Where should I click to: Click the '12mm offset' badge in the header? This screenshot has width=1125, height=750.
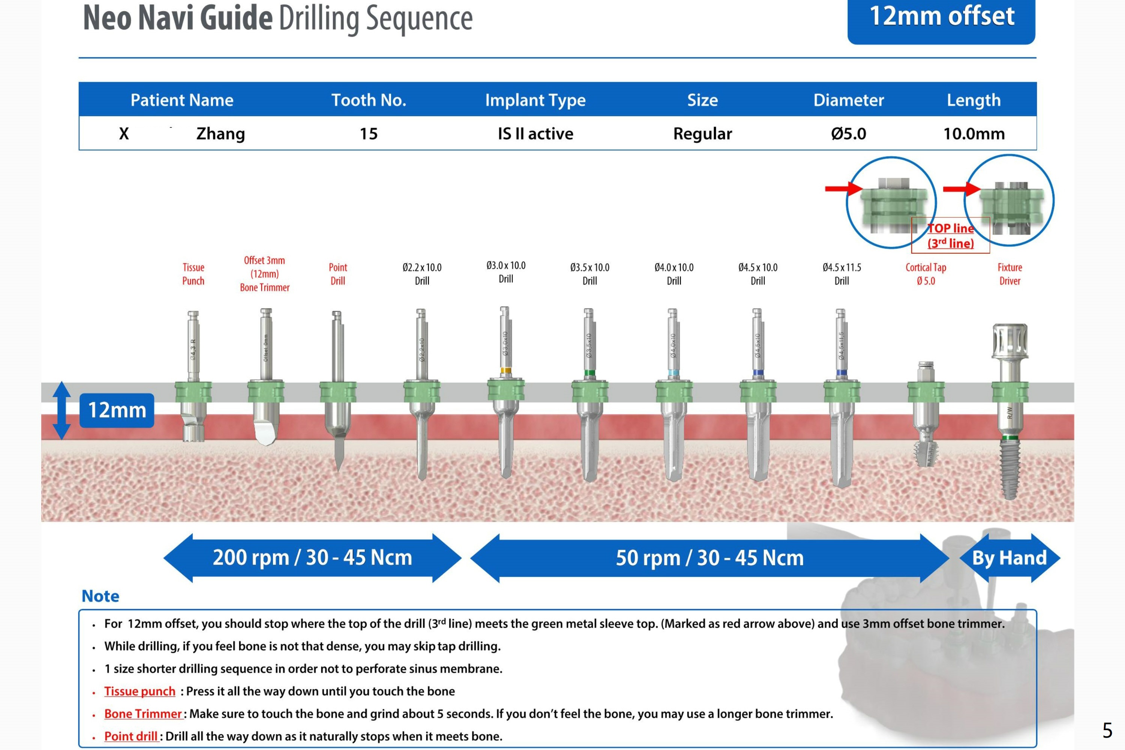coord(941,19)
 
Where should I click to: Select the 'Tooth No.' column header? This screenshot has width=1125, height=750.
coord(369,100)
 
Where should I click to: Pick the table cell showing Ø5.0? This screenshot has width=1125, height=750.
coord(849,133)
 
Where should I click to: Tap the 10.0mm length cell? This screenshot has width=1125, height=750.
coord(974,133)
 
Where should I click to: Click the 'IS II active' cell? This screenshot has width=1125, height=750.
coord(535,133)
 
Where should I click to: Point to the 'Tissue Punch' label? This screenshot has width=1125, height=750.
coord(193,274)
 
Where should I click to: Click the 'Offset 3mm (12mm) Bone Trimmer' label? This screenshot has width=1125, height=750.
coord(265,274)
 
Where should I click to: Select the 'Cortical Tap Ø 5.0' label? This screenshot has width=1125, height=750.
coord(926,274)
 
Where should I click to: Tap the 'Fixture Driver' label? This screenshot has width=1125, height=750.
coord(1010,274)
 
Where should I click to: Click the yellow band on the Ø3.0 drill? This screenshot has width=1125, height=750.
coord(506,370)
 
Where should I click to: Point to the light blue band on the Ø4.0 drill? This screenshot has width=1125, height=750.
coord(673,373)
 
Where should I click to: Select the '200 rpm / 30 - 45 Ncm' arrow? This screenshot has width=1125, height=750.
coord(312,558)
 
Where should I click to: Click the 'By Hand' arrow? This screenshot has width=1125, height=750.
coord(1010,558)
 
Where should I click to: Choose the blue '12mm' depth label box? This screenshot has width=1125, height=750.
coord(117,410)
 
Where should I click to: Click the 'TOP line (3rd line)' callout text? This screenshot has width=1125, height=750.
coord(950,235)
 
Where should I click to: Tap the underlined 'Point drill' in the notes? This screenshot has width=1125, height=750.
coord(131,736)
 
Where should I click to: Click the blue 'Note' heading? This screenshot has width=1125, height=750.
coord(100,596)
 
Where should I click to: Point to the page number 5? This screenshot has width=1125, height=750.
coord(1107,731)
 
